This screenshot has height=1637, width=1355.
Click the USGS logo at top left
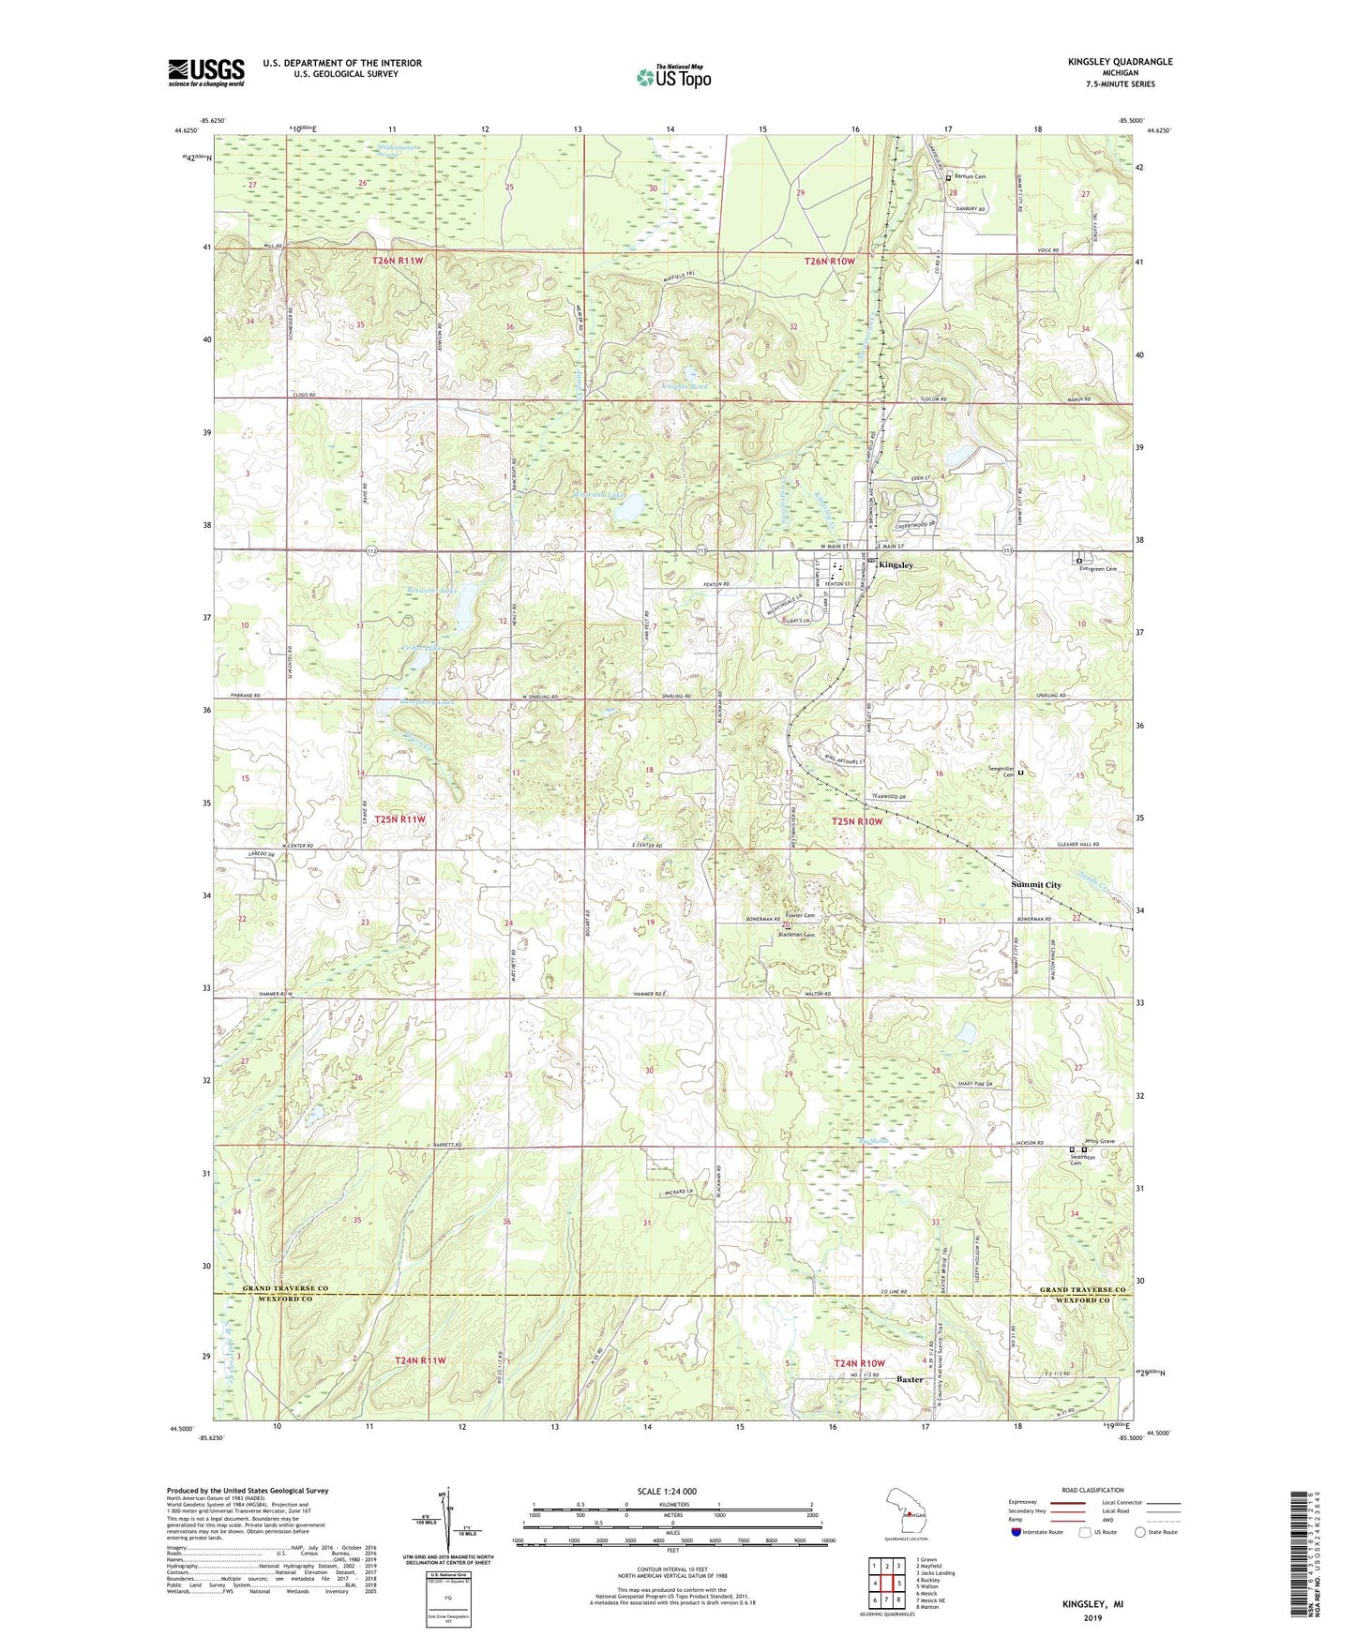[x=205, y=72]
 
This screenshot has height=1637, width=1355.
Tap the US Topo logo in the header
[x=673, y=77]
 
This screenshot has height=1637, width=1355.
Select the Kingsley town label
[x=896, y=565]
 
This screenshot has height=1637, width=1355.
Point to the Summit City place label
[x=1035, y=884]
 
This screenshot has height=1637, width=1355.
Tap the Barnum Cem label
[x=970, y=176]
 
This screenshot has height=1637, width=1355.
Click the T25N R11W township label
[x=400, y=818]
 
